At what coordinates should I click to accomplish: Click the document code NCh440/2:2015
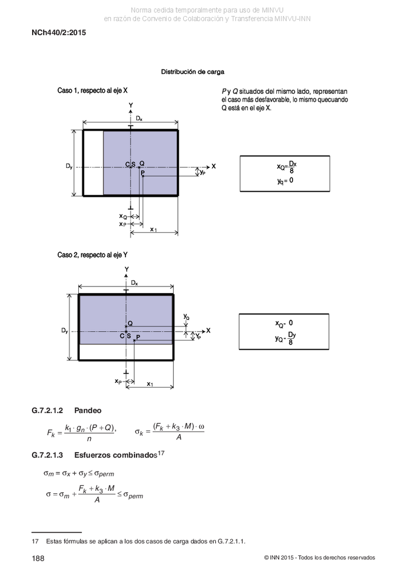tap(59, 33)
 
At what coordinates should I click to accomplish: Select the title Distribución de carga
tap(193, 72)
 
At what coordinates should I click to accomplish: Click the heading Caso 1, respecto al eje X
tap(92, 91)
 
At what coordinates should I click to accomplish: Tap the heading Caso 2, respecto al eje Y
tap(92, 255)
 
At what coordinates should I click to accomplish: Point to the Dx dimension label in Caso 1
tap(139, 119)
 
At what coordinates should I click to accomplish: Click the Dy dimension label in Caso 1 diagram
tap(69, 166)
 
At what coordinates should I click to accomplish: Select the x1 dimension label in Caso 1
tap(154, 230)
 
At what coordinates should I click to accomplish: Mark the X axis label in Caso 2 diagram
tap(209, 331)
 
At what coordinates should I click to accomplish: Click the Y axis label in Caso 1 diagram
tap(131, 105)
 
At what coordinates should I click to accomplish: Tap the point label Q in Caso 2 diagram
tap(130, 323)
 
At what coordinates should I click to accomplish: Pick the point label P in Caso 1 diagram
tap(143, 173)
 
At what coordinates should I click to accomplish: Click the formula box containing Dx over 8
tap(285, 174)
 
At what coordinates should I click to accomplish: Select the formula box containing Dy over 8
tap(284, 332)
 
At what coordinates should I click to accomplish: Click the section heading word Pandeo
tap(88, 410)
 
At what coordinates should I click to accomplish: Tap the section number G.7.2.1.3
tap(47, 455)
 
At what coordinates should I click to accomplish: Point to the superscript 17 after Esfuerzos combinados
tap(161, 453)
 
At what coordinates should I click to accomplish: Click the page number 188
tap(38, 559)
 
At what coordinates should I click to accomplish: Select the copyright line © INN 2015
tap(320, 558)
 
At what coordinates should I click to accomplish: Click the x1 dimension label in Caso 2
tap(150, 384)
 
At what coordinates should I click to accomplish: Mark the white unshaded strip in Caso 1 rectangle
tap(93, 163)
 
